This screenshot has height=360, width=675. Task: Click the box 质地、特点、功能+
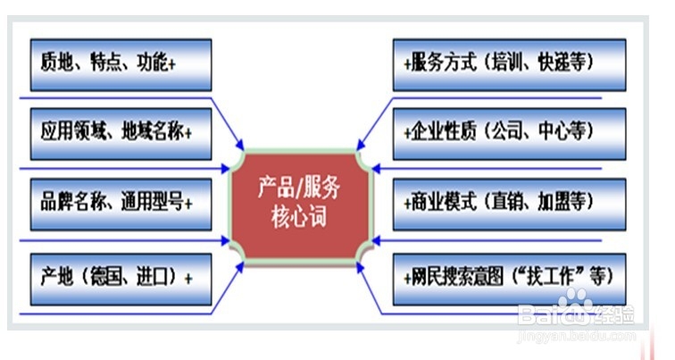(121, 63)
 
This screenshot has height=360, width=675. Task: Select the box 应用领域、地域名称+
(121, 133)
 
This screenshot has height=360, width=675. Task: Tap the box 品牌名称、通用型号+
(121, 202)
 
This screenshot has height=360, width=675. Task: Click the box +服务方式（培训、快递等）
(510, 63)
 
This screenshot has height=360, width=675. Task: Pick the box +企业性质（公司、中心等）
(510, 133)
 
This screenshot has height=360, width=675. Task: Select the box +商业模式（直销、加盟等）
(510, 202)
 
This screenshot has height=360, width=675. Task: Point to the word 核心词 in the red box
(299, 217)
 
